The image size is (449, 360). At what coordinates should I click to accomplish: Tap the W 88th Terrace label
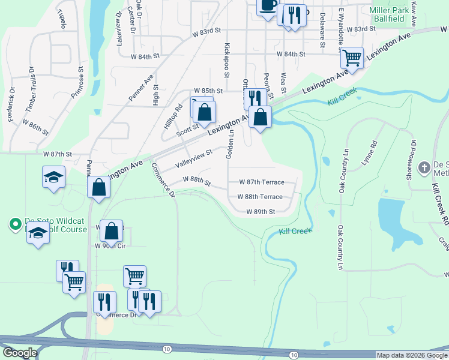point(259,196)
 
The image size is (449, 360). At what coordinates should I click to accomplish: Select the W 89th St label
point(261,211)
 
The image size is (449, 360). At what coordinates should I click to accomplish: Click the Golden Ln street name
point(229,145)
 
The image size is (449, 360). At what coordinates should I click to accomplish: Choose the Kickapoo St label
point(227,60)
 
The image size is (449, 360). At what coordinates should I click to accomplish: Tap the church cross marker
point(424,167)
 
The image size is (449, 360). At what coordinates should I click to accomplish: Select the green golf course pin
point(15,224)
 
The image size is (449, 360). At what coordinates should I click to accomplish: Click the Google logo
point(20,353)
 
